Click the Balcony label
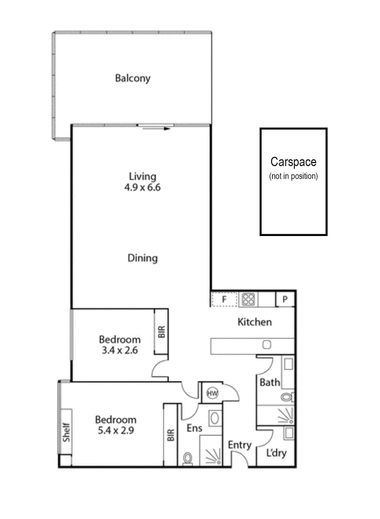pos(133,78)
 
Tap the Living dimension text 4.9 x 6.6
pos(143,187)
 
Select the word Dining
pos(143,258)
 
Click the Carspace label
pos(293,162)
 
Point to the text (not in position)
pos(293,176)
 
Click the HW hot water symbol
pos(212,393)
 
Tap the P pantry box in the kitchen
pos(285,299)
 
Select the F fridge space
pos(224,299)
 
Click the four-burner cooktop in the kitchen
pos(248,299)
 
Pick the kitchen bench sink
pos(267,345)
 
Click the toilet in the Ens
pos(188,459)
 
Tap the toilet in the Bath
pos(287,396)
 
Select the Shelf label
pos(66,432)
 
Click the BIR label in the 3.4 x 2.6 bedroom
pos(161,332)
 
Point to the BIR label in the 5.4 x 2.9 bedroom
pos(171,435)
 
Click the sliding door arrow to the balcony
pos(156,128)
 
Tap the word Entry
pos(240,445)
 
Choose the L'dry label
pos(276,453)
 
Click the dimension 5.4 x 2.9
pos(116,431)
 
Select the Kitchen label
pos(255,322)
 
